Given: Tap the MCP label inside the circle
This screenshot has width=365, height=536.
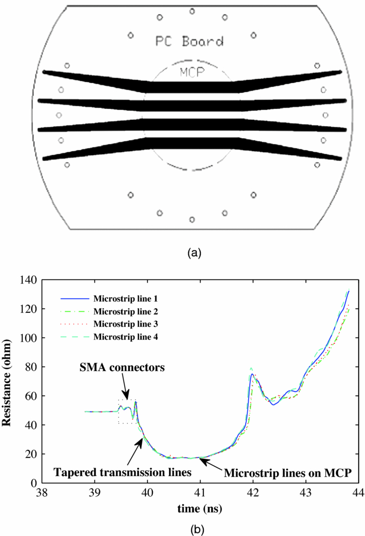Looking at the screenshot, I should pos(191,72).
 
